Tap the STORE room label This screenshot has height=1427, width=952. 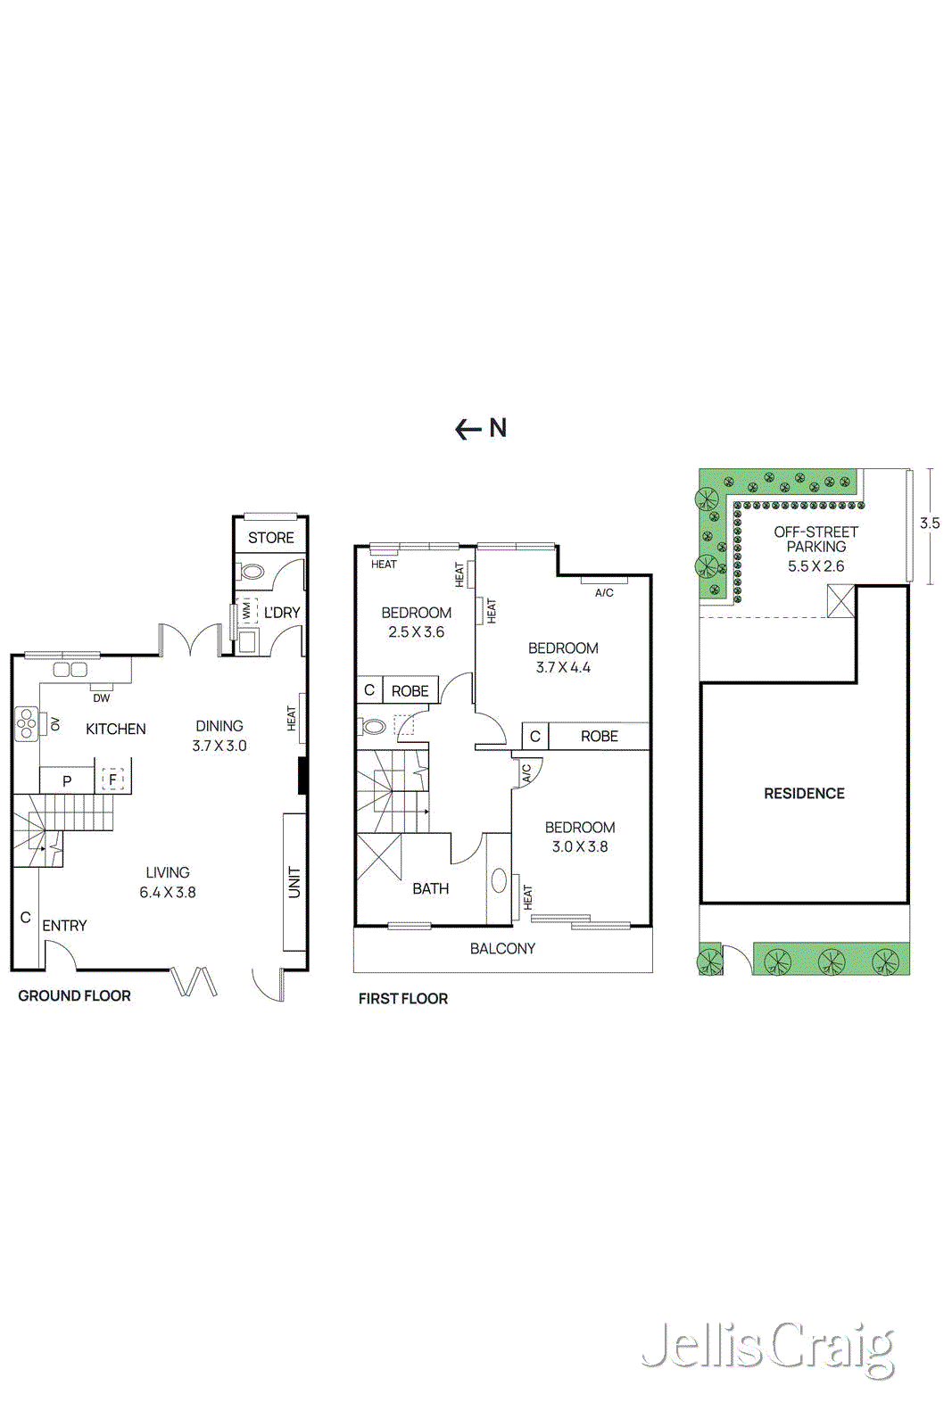click(x=270, y=538)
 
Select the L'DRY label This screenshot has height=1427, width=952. click(x=282, y=613)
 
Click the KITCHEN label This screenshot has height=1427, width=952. click(x=115, y=730)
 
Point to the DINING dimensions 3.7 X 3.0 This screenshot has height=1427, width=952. click(x=219, y=746)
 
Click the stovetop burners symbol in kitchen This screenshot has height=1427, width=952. click(x=26, y=724)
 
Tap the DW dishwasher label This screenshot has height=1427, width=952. click(x=102, y=698)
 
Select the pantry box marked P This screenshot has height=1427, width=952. click(x=67, y=781)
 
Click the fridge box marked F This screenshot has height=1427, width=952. click(x=112, y=780)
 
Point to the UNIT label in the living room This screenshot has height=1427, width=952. click(x=294, y=882)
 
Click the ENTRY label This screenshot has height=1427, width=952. click(x=64, y=926)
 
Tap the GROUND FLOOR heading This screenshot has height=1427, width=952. click(x=74, y=996)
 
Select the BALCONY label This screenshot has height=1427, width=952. click(x=502, y=949)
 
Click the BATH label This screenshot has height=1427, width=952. click(x=430, y=889)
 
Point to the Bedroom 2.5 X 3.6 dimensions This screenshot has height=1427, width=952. click(x=416, y=632)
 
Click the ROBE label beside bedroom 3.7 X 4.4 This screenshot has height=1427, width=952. click(x=599, y=737)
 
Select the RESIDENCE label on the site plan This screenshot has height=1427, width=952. click(x=804, y=794)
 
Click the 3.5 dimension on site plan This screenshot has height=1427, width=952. click(x=930, y=524)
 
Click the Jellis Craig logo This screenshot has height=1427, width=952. click(x=767, y=1349)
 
